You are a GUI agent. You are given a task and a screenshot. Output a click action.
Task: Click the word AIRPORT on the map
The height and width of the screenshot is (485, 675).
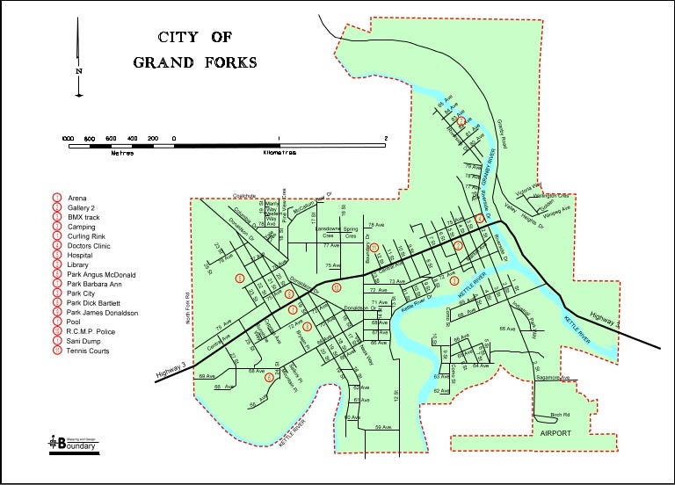click(x=555, y=434)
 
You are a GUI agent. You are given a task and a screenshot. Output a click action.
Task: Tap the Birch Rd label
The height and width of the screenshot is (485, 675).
click(x=560, y=414)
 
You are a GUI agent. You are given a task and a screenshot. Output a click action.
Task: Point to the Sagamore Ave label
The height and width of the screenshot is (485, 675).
click(x=554, y=378)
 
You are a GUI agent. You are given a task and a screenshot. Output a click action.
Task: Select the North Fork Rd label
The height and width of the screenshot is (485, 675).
click(x=187, y=307)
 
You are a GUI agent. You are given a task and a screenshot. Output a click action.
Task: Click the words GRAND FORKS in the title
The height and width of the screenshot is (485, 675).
click(x=195, y=62)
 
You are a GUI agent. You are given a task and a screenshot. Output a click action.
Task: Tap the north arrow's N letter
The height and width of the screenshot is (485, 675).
click(x=79, y=72)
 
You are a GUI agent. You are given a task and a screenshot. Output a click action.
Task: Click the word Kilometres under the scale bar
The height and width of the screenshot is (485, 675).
click(x=279, y=152)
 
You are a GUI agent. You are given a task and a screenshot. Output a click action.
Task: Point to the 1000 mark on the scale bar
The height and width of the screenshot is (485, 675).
click(x=68, y=139)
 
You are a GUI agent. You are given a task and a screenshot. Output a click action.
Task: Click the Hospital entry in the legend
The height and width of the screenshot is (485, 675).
click(x=83, y=256)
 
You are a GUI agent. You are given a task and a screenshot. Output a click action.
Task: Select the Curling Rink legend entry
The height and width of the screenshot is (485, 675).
click(x=86, y=236)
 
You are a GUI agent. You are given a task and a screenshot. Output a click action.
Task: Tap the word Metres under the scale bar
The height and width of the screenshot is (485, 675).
click(x=120, y=152)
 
